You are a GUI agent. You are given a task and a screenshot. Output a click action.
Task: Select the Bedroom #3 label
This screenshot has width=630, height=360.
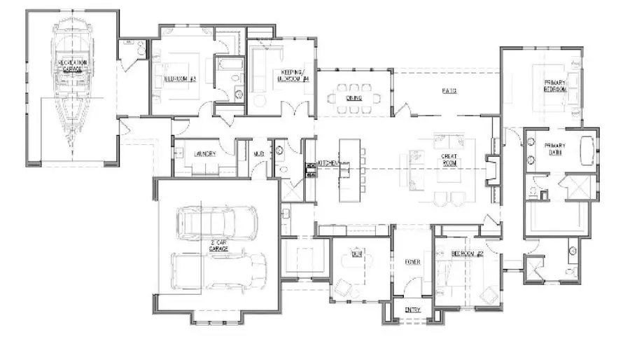tap(180, 78)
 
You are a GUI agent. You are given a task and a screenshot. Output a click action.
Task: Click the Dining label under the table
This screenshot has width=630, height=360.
tap(353, 99)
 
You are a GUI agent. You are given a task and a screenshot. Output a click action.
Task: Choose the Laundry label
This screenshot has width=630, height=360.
tap(205, 153)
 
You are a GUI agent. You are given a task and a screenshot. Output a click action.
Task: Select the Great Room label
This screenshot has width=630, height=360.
tap(448, 159)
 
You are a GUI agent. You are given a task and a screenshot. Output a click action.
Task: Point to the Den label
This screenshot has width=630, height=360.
tap(357, 256)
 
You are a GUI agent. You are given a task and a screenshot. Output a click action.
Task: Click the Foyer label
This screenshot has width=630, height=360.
tap(413, 262)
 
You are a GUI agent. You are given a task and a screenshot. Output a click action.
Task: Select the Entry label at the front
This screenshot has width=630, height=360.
tap(413, 309)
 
